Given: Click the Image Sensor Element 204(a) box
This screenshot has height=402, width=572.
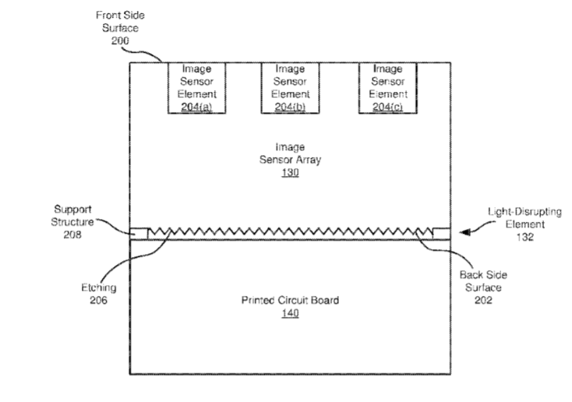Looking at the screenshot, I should point(196,87).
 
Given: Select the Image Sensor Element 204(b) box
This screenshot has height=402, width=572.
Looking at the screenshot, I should point(290,87).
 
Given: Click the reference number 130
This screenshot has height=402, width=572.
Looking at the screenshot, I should point(290,173).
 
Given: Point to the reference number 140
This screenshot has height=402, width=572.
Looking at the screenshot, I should point(290,313).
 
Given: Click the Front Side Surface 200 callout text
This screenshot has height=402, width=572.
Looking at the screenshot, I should point(120,27).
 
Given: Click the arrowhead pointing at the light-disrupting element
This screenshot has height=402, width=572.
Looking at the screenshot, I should point(464,231).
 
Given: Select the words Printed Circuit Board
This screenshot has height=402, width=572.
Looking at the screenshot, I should point(290,300).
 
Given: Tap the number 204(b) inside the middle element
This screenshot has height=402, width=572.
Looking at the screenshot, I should point(290,107).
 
